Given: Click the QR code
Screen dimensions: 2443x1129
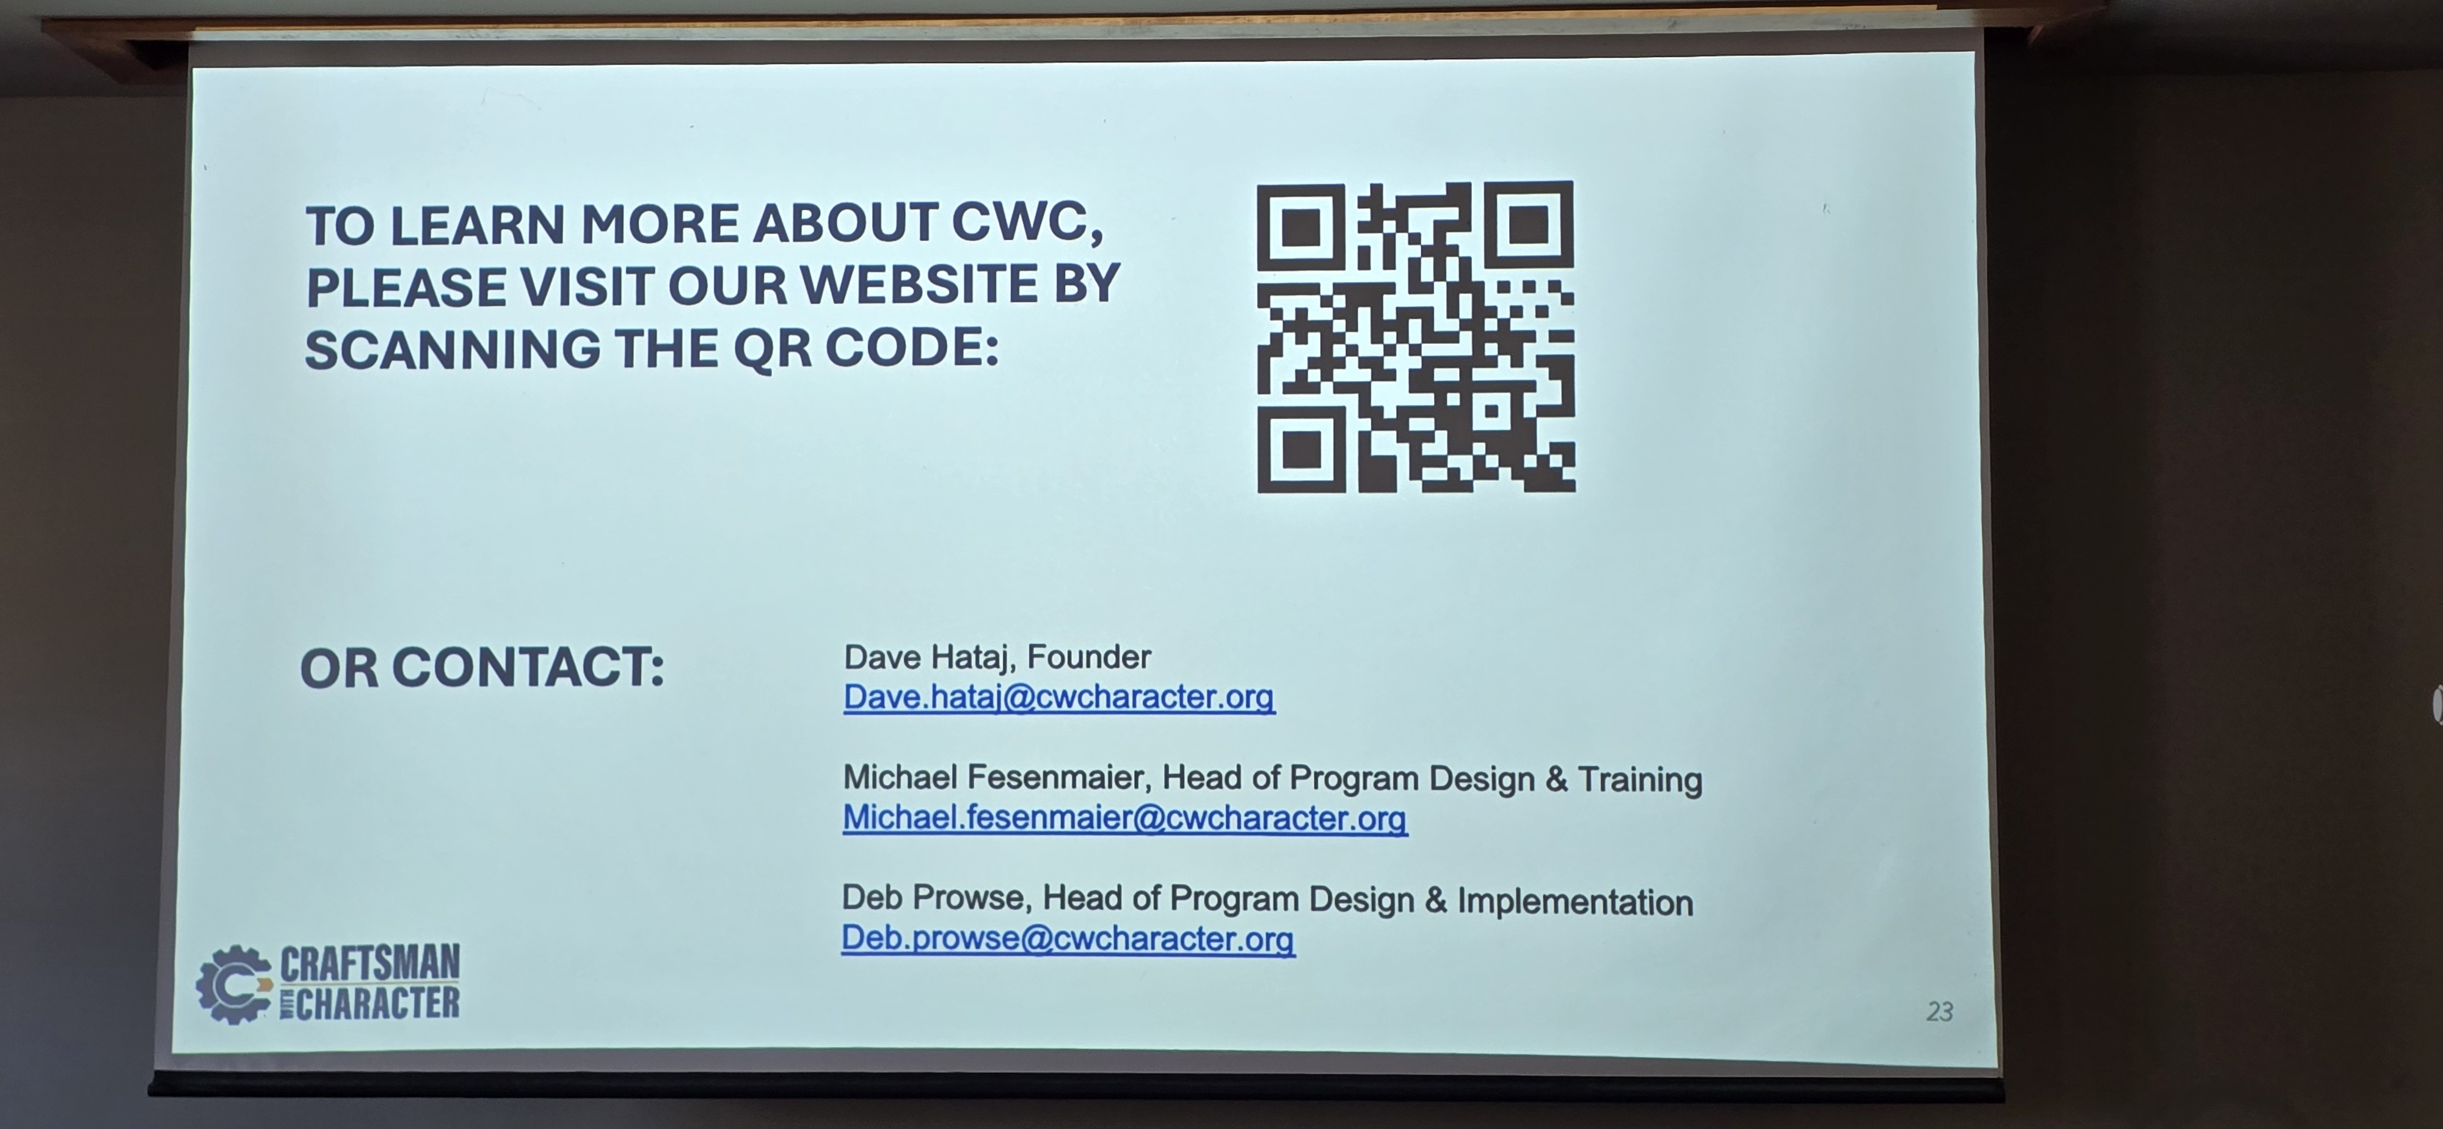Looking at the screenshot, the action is point(1416,337).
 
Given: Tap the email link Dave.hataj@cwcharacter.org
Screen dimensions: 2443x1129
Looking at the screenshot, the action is point(1059,697).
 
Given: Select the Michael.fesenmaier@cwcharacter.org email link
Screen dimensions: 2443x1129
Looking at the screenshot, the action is point(1125,818).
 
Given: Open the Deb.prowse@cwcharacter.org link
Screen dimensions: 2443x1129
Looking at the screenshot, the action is point(1068,938).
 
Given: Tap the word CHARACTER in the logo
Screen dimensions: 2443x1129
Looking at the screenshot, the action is point(377,1003).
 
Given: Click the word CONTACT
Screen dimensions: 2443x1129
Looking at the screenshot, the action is point(528,667).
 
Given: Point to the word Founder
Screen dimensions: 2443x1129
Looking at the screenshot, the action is point(1089,657).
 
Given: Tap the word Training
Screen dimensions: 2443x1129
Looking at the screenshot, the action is point(1640,780).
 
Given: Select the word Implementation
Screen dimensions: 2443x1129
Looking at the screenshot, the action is point(1575,901).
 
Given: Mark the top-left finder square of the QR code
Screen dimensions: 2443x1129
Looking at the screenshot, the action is point(1300,227).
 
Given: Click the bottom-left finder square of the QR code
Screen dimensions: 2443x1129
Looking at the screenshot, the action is point(1301,450).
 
